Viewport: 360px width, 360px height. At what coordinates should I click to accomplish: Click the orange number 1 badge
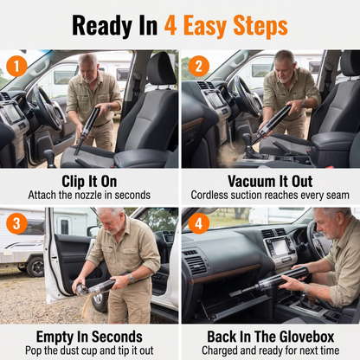[x=16, y=66]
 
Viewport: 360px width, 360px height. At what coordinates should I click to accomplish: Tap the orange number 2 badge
[x=199, y=66]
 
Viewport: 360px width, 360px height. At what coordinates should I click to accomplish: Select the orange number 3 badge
[x=16, y=223]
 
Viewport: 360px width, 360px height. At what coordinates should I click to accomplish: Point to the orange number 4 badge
[x=199, y=223]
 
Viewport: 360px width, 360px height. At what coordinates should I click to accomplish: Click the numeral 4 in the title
[x=170, y=25]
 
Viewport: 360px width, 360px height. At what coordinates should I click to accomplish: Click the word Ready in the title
[x=102, y=26]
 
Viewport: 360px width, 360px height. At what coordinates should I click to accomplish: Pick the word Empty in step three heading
[x=55, y=337]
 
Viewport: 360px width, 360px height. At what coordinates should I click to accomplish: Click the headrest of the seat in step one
[x=161, y=69]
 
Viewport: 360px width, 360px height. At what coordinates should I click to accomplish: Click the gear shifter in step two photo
[x=248, y=145]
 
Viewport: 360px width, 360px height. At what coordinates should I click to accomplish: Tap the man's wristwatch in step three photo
[x=131, y=278]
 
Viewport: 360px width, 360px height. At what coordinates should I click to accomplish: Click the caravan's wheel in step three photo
[x=35, y=267]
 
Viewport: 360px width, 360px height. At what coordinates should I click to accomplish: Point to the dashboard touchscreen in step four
[x=280, y=247]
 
